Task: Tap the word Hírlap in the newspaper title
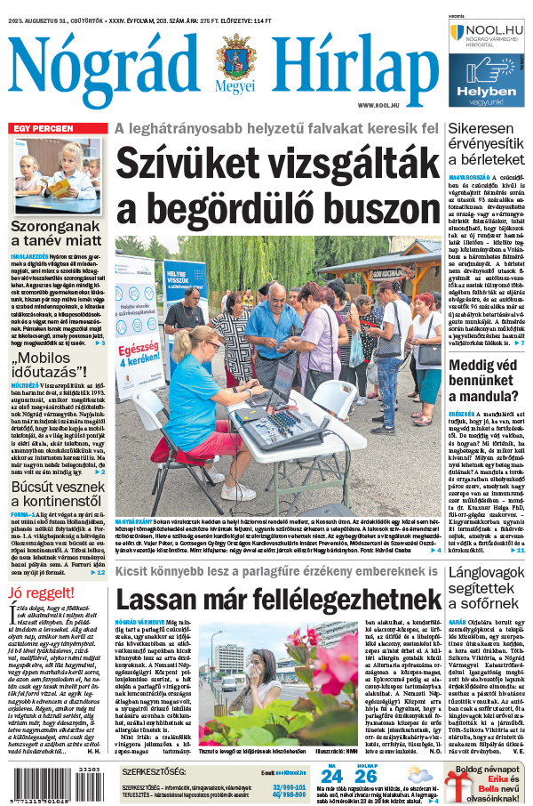point(355,64)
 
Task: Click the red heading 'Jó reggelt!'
point(41,592)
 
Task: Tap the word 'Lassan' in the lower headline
point(161,598)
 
